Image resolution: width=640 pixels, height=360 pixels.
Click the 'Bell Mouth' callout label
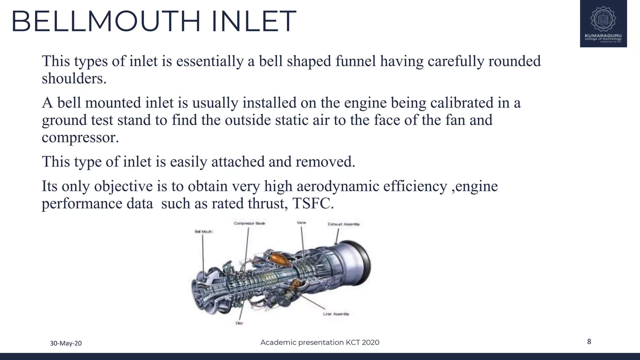203,232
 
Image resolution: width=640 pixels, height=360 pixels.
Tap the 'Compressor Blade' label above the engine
249,223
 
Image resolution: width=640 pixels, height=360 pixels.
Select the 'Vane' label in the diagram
301,222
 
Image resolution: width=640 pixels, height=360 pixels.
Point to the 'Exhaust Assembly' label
344,224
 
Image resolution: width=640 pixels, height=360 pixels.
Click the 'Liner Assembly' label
336,314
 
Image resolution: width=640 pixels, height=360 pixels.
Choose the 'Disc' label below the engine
239,323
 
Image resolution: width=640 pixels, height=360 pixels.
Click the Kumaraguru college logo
603,24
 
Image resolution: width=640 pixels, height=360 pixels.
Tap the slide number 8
589,342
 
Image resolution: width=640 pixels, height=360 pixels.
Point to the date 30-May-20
66,343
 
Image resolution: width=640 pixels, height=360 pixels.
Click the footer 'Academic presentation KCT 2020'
320,342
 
